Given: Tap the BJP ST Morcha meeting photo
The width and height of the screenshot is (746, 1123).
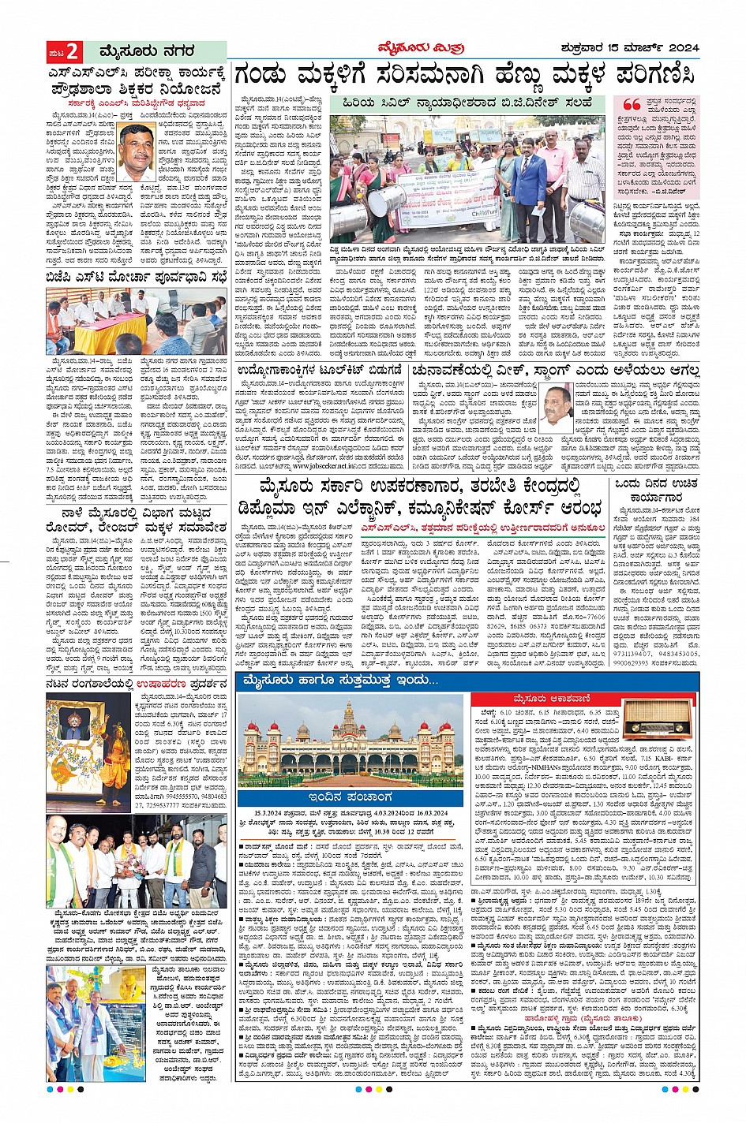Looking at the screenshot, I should coord(136,322).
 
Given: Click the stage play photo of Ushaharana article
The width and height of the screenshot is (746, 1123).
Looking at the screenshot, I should coord(88,753).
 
